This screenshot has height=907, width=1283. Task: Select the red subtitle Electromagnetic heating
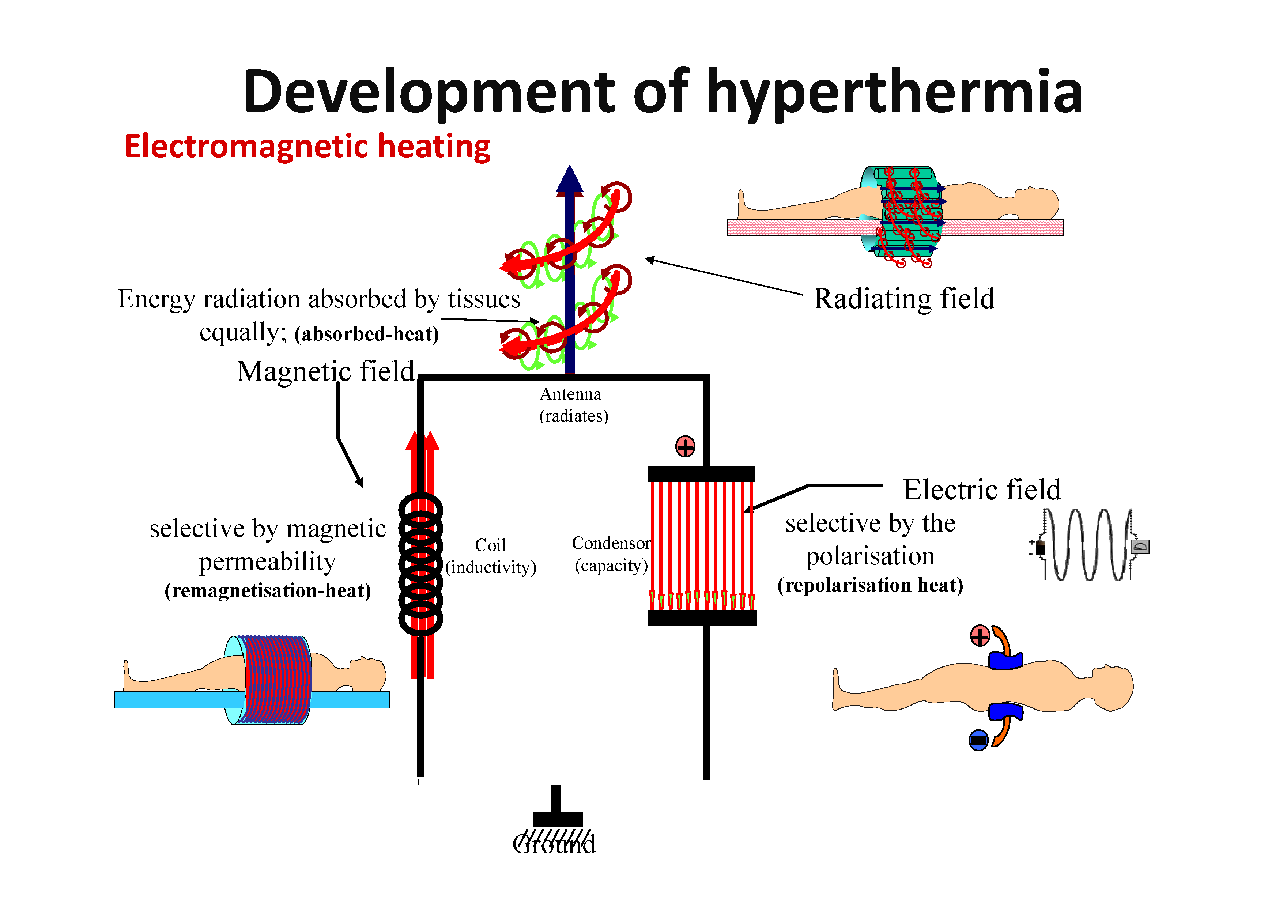[x=307, y=147]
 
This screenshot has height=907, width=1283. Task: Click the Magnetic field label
[x=326, y=371]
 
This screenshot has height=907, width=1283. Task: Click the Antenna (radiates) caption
[x=573, y=405]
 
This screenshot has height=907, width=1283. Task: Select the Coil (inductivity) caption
[x=491, y=556]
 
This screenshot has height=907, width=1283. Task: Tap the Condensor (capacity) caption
[x=611, y=554]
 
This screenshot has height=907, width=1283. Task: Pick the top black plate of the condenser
[x=701, y=475]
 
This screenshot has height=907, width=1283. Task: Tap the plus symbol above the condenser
[x=685, y=446]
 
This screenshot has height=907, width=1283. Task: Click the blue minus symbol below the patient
[x=978, y=740]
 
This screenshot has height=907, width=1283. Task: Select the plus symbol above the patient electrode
[x=980, y=635]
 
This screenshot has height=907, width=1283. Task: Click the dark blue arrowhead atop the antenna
[x=569, y=180]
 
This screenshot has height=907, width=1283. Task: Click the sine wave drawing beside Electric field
[x=1088, y=545]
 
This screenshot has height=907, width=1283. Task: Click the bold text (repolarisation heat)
[x=870, y=585]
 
